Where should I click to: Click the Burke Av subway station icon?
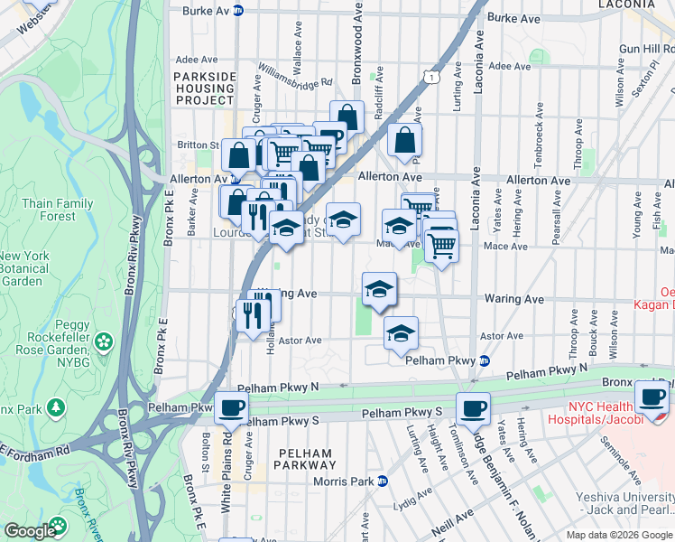(238, 11)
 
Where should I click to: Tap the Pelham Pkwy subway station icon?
(485, 360)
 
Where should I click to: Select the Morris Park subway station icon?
(383, 481)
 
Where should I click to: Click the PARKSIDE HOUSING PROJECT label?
(205, 88)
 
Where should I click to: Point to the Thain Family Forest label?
(59, 210)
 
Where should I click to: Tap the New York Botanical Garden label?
(24, 268)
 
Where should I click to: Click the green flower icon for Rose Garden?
(105, 341)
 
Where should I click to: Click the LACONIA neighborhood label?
(626, 5)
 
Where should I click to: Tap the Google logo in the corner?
(31, 530)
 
